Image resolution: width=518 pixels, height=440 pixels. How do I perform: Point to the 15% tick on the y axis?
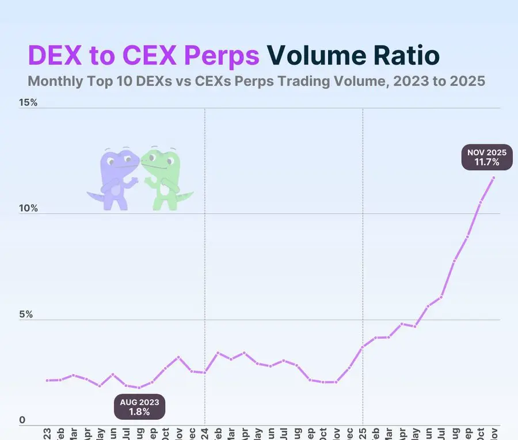point(29,103)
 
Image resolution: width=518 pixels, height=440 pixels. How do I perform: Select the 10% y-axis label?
point(29,208)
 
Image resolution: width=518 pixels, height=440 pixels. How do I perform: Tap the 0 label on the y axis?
point(22,420)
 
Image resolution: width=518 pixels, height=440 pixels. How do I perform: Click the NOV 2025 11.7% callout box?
point(487,158)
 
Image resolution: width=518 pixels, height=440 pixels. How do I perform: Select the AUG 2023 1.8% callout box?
point(140,407)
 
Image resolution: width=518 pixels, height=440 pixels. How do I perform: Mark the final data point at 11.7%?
point(494,177)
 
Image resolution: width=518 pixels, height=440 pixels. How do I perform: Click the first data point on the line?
point(47,380)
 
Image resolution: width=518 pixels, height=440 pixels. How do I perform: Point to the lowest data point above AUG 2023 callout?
point(139,388)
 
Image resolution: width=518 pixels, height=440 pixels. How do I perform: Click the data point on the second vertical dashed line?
point(363,347)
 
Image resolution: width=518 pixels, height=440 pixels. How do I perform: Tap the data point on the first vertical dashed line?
point(205,373)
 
